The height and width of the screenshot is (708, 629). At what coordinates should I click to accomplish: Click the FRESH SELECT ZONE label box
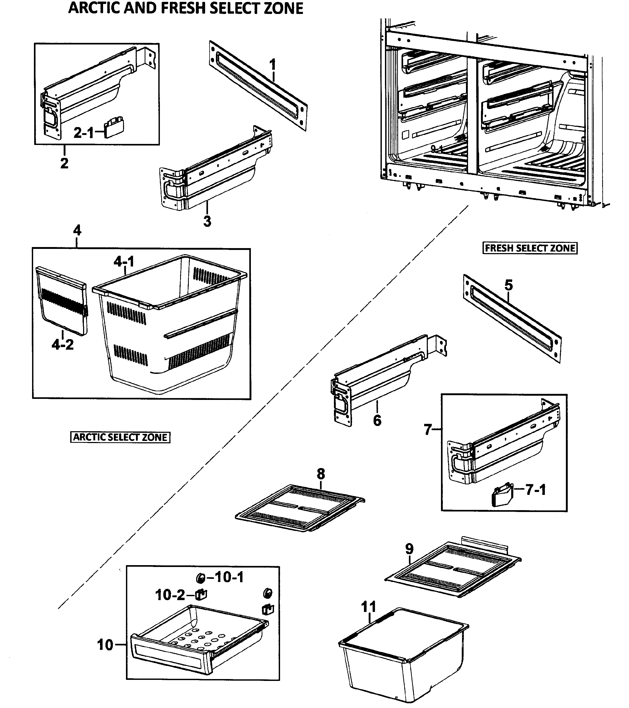[530, 248]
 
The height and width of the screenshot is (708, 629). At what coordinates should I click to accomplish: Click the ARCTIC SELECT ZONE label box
[120, 437]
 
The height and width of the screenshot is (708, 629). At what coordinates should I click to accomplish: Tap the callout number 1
[273, 64]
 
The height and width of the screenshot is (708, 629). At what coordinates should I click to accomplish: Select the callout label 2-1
[83, 133]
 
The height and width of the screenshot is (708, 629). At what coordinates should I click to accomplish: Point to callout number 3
[207, 221]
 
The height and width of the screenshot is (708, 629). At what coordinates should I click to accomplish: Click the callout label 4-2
[63, 344]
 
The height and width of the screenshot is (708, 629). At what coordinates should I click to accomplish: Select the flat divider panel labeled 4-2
[62, 301]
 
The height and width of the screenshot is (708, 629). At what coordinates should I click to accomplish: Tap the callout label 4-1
[124, 261]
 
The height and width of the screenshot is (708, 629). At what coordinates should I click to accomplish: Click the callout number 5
[508, 285]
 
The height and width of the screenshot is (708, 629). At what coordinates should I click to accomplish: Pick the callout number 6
[377, 420]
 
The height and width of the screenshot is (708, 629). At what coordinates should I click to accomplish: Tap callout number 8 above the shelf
[321, 474]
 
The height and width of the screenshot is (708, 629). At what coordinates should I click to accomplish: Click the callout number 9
[409, 549]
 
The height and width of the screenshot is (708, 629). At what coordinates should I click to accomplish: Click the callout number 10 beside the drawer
[105, 645]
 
